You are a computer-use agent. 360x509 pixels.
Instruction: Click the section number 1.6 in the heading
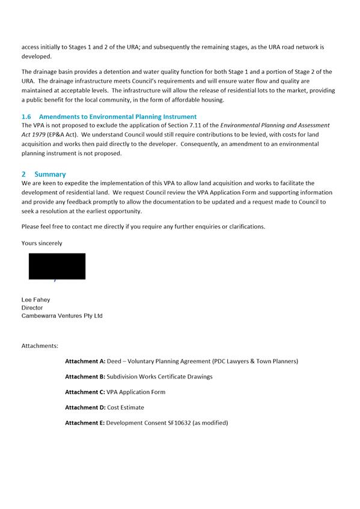(26, 117)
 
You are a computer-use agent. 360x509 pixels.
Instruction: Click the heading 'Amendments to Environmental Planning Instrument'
(117, 117)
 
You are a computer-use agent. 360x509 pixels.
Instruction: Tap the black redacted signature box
(57, 266)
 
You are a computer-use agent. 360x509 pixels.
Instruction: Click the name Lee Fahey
(36, 299)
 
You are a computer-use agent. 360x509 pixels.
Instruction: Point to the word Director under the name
(32, 308)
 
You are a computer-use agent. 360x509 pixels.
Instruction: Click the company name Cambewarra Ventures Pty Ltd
(62, 315)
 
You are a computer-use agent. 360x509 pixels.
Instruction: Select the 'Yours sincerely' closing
(41, 243)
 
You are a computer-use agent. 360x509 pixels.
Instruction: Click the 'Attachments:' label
(40, 346)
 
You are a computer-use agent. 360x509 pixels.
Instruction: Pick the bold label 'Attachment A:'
(85, 361)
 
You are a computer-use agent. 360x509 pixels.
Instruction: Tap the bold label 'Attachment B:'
(85, 377)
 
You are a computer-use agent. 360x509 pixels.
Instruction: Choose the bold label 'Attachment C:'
(85, 392)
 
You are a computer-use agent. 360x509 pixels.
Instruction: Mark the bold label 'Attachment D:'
(85, 407)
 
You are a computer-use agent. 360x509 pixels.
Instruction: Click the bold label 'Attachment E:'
(85, 423)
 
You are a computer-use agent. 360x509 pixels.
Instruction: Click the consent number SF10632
(177, 423)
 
